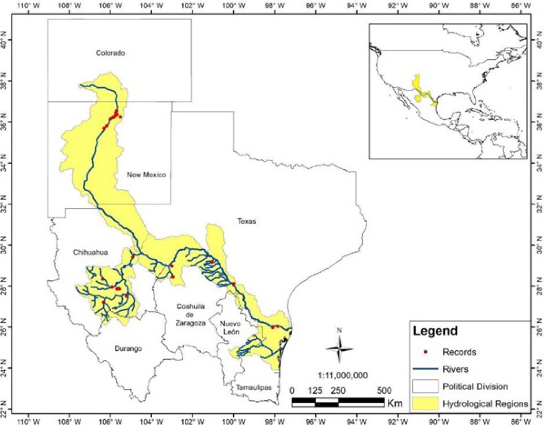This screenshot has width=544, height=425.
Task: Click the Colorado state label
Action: pos(110,53)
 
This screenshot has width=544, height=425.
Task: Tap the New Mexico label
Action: pos(146,175)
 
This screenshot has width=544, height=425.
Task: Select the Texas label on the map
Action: pos(247,221)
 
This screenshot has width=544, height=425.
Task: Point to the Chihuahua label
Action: pos(90,252)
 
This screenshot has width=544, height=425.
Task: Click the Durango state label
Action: pos(128,348)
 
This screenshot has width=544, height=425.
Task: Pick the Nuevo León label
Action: pos(230,328)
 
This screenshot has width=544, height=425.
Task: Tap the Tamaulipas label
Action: pos(253,388)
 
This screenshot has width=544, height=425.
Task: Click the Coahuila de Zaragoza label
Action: pos(190,315)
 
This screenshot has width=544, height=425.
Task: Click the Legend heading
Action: pos(435,331)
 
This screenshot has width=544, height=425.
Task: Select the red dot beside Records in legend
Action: pos(425,352)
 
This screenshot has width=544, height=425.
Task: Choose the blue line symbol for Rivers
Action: pos(425,369)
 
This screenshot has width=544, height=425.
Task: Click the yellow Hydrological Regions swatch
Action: pos(425,403)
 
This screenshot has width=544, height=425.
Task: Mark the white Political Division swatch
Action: pos(425,386)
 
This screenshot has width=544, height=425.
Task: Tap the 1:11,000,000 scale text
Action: pos(343,375)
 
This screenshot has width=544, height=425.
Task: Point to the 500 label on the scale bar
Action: pos(384,391)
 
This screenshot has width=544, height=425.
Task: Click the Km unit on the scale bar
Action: pos(395,403)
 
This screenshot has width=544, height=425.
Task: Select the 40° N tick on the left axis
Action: pos(4,40)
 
